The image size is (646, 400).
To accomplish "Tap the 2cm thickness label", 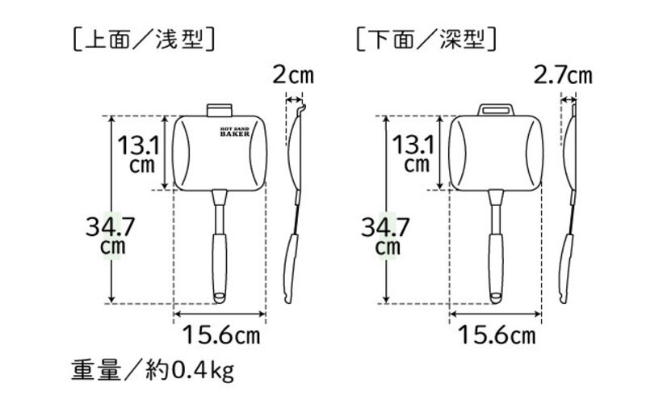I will pyautogui.click(x=292, y=77).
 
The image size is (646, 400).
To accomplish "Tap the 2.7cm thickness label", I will pyautogui.click(x=563, y=77).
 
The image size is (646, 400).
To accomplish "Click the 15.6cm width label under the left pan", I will pyautogui.click(x=220, y=333).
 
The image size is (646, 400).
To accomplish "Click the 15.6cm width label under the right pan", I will pyautogui.click(x=495, y=333).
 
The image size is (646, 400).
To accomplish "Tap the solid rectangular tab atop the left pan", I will pyautogui.click(x=219, y=110).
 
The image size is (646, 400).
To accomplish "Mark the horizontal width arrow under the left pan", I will pyautogui.click(x=220, y=314).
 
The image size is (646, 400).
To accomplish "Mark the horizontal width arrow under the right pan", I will pyautogui.click(x=496, y=314).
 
